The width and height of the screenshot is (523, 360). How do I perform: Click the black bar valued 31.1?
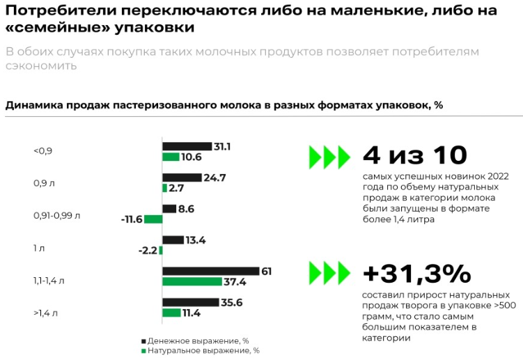(187, 146)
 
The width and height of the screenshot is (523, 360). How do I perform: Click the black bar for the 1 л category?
(173, 240)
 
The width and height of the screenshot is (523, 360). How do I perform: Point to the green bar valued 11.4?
(171, 313)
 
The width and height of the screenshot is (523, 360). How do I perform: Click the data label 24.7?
(215, 178)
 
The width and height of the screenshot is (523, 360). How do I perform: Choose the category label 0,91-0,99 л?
(56, 215)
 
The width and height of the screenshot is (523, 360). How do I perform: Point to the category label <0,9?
(42, 151)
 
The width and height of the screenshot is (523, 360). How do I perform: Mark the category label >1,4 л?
(45, 313)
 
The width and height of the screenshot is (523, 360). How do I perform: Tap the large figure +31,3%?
(416, 274)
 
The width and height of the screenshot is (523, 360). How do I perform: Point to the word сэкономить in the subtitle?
(41, 66)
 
